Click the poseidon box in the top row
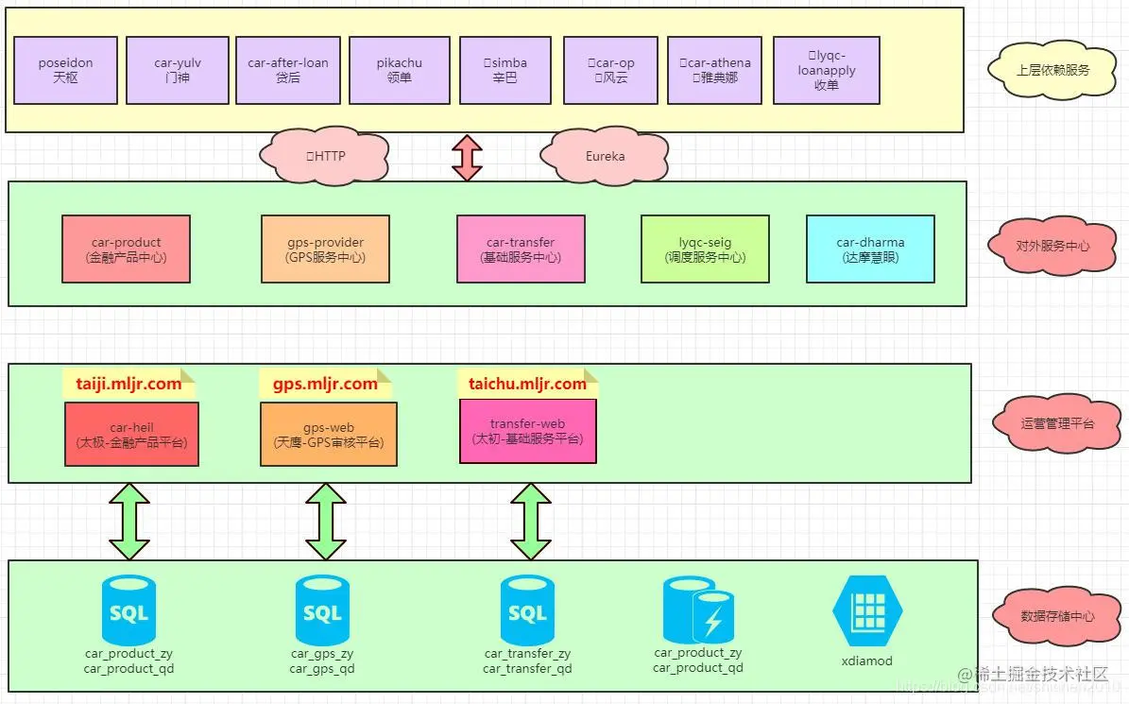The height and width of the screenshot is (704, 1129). tap(66, 70)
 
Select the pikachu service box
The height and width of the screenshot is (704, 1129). tap(399, 70)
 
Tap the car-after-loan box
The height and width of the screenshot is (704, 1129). tap(288, 70)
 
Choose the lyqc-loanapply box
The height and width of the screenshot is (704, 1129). tap(826, 70)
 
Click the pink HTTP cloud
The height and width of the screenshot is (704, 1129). tap(326, 155)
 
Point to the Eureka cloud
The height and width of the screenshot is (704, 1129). tap(605, 155)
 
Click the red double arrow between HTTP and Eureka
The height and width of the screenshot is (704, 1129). tap(467, 157)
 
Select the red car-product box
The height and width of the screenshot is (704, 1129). tap(126, 249)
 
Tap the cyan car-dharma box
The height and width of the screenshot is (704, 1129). tap(869, 249)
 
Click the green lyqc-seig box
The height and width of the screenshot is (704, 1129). tap(705, 249)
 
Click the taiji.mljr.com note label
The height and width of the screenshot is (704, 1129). tap(128, 384)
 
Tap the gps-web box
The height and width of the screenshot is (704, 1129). tap(328, 435)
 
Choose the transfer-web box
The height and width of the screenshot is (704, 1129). tap(527, 431)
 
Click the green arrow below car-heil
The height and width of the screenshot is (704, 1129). tap(129, 522)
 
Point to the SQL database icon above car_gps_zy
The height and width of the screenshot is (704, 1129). tap(322, 610)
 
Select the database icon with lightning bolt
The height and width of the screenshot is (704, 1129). tap(698, 610)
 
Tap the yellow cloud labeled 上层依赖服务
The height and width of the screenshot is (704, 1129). tap(1052, 70)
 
